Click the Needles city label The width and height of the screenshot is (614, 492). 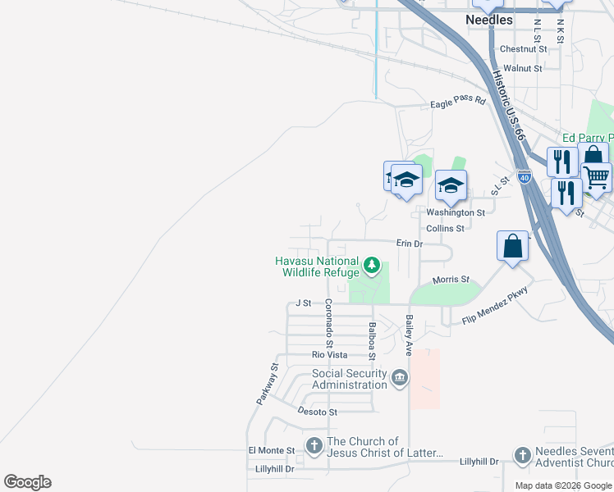488,20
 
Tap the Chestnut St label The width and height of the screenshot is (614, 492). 523,49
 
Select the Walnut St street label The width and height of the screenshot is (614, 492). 523,69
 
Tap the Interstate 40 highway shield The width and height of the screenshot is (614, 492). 525,175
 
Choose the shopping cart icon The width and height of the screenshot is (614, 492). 596,175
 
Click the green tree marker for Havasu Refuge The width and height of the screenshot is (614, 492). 373,266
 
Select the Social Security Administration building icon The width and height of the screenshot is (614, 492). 400,378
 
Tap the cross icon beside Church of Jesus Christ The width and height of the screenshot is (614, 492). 314,446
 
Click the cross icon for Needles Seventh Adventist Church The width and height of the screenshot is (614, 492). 522,456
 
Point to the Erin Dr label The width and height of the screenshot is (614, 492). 409,244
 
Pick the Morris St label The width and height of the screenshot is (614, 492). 451,280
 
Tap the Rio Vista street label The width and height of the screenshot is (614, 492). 329,355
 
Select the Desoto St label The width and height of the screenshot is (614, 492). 317,412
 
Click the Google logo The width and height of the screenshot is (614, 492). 27,482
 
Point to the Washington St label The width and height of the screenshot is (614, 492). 456,212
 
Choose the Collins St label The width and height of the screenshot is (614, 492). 445,228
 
